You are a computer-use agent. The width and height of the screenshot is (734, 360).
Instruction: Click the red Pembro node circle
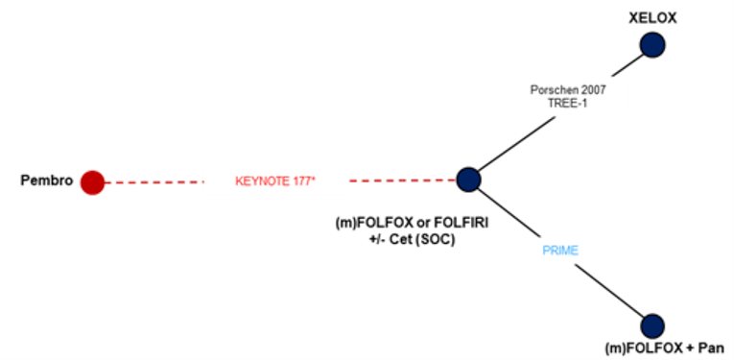92,181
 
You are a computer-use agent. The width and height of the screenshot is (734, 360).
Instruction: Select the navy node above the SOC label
468,179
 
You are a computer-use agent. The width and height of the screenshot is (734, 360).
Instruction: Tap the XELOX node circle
653,45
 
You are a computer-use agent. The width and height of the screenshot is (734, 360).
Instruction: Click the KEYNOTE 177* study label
275,180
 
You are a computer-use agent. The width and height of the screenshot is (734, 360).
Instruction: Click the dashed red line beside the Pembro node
154,181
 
